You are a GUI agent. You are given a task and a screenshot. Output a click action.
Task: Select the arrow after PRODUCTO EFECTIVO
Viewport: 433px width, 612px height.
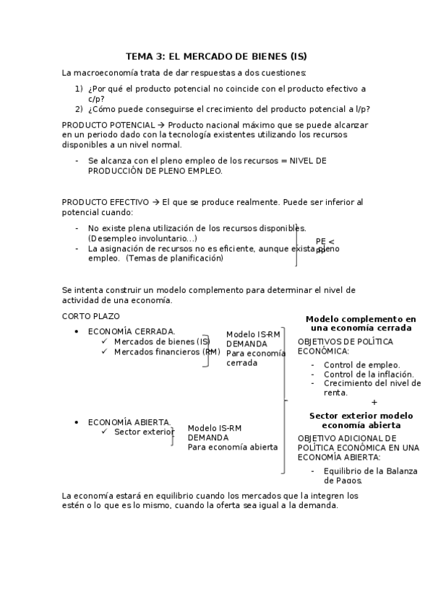tap(155, 201)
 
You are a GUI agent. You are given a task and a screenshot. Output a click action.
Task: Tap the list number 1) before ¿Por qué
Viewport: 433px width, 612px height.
tap(79, 89)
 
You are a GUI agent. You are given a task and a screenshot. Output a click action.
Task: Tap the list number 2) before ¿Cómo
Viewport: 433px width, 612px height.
tap(79, 109)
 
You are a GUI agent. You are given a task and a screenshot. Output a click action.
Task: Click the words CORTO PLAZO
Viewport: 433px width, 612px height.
tap(91, 315)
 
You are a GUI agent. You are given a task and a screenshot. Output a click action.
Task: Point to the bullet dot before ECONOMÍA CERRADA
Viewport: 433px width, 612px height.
tap(77, 331)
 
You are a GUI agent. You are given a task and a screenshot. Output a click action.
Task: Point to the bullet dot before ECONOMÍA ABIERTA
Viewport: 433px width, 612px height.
tap(77, 421)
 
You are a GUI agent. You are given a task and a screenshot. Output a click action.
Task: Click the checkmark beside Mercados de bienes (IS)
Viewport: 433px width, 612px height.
tap(105, 341)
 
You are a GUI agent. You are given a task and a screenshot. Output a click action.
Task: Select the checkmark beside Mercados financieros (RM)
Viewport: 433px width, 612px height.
tap(105, 351)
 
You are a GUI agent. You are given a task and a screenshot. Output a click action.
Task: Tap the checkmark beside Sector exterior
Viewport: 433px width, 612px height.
tap(105, 432)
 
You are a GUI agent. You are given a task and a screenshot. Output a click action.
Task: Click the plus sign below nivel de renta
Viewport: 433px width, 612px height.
tap(374, 402)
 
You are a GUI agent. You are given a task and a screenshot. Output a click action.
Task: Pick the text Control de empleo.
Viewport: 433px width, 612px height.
tap(361, 365)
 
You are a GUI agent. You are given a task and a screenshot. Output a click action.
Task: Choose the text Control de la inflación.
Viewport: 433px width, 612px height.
tap(369, 375)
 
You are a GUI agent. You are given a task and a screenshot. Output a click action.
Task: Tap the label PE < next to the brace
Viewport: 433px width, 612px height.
tap(325, 241)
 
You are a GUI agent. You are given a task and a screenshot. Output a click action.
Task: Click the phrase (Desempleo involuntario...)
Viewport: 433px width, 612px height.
tap(142, 238)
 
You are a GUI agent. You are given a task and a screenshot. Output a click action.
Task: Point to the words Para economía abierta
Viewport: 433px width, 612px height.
tap(233, 447)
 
